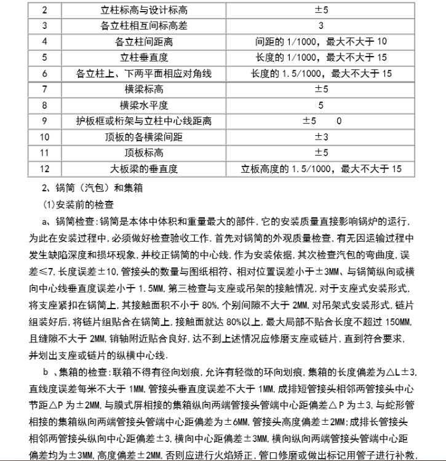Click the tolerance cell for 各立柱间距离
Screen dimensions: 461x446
321,42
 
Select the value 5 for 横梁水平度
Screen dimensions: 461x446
321,106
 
